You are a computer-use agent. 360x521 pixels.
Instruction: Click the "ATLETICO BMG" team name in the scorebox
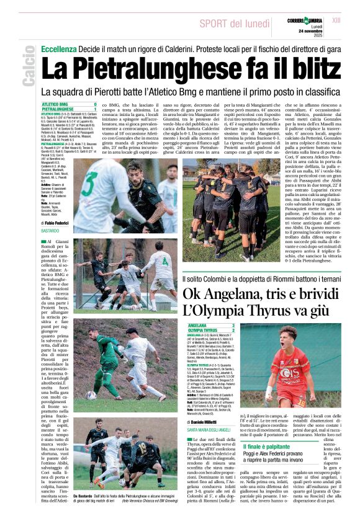click(x=55, y=105)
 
